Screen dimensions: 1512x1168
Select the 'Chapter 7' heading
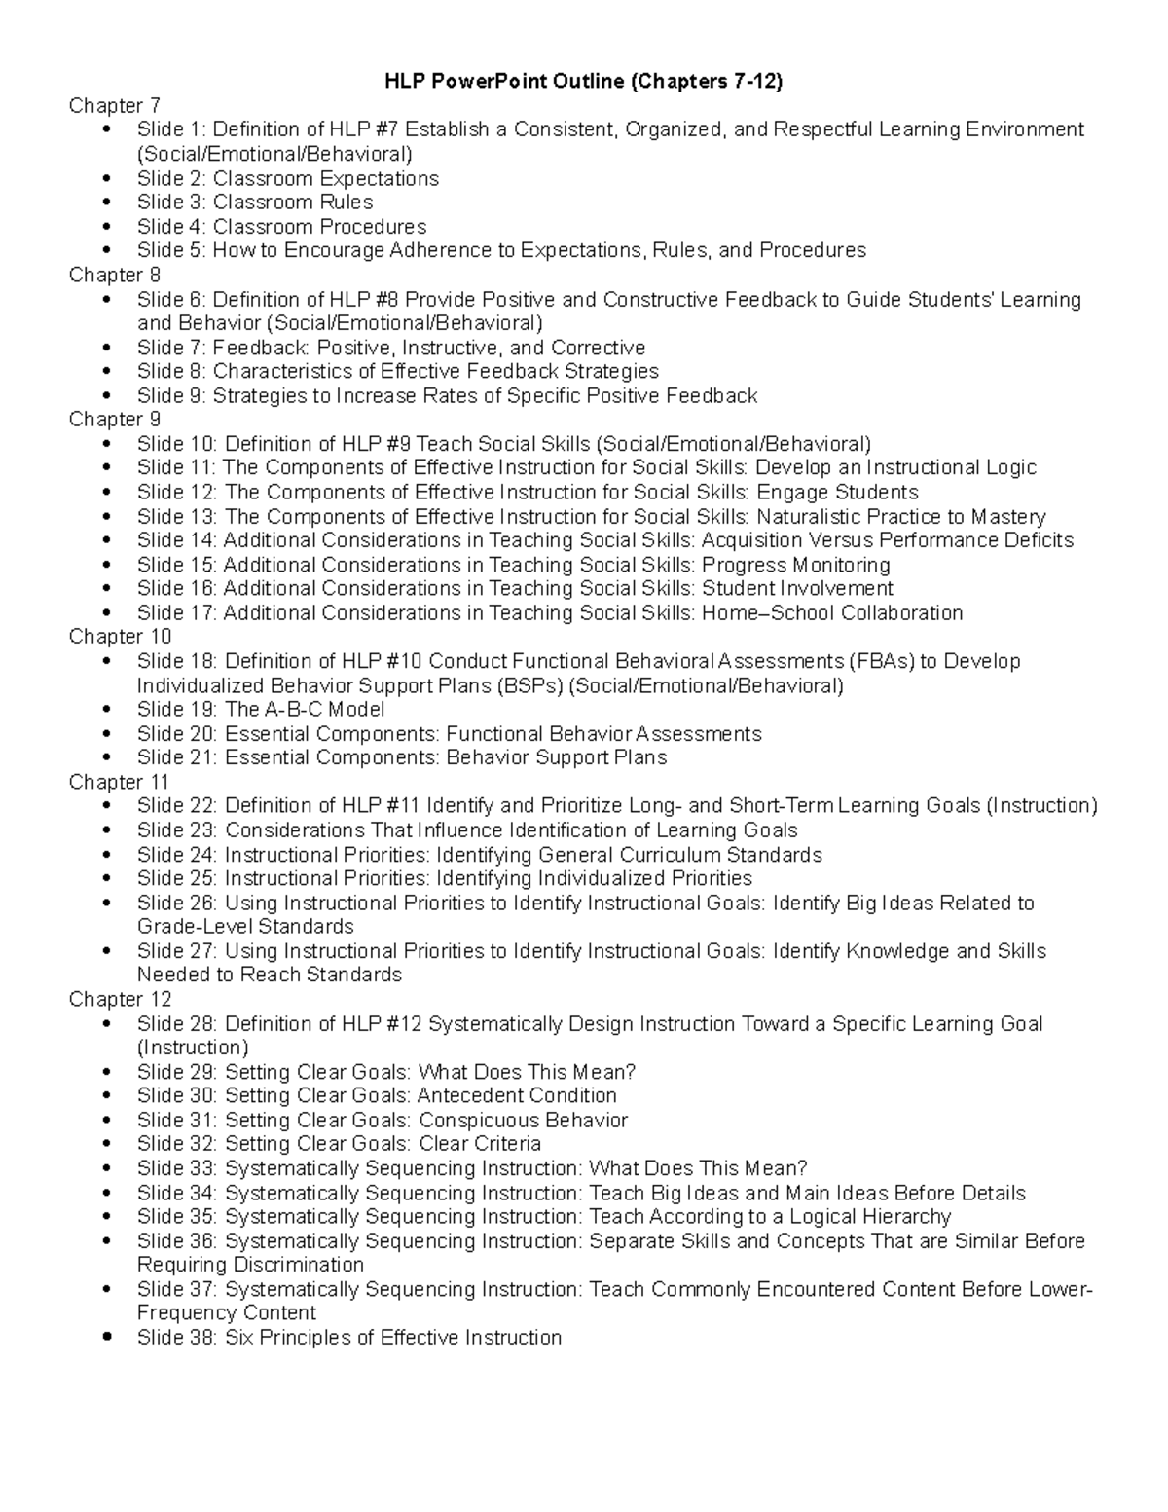114,106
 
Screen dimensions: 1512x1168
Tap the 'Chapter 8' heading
114,276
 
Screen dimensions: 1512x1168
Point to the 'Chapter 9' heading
114,420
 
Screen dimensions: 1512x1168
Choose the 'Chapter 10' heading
120,637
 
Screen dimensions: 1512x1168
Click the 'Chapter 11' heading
119,782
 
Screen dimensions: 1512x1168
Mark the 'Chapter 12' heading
120,1000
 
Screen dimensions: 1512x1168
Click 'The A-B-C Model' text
305,710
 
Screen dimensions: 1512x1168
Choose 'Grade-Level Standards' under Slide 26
245,927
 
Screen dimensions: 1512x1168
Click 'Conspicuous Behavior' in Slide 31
523,1120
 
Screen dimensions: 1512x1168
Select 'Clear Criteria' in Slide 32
480,1144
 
